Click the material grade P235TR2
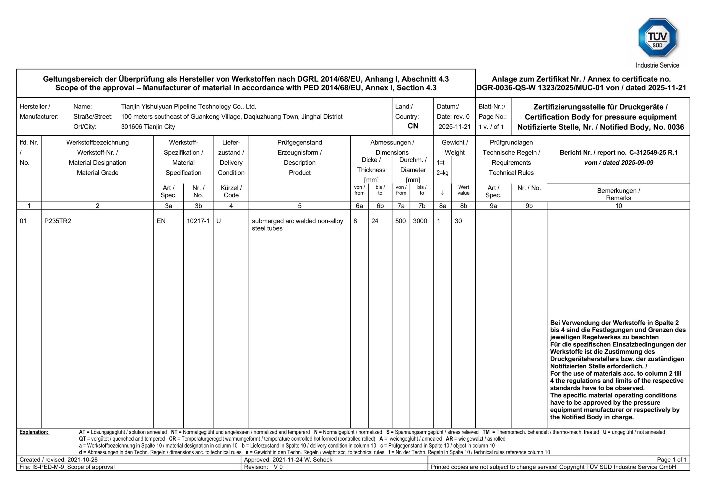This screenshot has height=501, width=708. point(58,221)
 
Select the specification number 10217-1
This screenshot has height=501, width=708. point(198,221)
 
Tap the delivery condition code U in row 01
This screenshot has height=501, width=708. point(219,221)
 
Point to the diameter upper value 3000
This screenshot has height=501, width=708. point(420,221)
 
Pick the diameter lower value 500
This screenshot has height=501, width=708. point(400,221)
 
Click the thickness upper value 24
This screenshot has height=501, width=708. point(375,221)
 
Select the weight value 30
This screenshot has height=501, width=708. point(458,221)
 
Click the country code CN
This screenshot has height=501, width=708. point(413,126)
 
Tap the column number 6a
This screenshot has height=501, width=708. point(359,206)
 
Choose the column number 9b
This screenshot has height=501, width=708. point(529,206)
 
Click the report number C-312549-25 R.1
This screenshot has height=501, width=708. point(653,153)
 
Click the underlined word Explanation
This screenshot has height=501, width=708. point(34,432)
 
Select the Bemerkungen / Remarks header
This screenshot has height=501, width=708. point(618,194)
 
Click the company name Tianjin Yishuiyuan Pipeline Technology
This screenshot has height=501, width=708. point(188,107)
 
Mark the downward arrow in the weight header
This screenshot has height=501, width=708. point(442,193)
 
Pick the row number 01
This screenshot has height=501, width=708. point(23,221)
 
